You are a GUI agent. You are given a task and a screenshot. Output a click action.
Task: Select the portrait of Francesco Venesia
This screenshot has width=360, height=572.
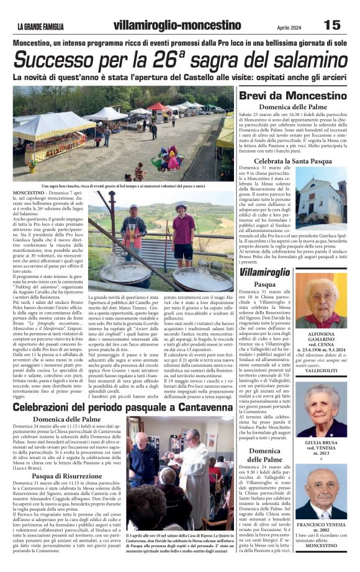coord(321,493)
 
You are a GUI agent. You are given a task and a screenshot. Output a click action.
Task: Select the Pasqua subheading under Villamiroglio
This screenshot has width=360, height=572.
coord(264,284)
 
